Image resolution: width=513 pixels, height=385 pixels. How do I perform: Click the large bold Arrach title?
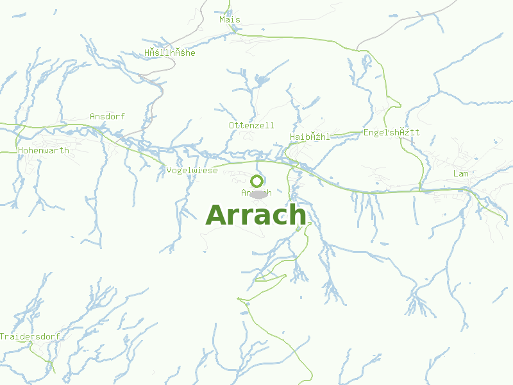(x=256, y=215)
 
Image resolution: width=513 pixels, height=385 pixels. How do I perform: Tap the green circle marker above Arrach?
(x=257, y=181)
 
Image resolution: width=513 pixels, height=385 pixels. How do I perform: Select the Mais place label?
(x=230, y=19)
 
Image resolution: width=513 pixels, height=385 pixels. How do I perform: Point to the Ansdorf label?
(x=107, y=116)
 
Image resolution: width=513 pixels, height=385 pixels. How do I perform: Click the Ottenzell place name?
(x=251, y=124)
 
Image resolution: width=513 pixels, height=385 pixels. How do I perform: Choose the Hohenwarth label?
(x=44, y=150)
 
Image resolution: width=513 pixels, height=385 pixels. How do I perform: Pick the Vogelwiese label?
(x=192, y=170)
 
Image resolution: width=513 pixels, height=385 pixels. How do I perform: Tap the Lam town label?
(x=460, y=174)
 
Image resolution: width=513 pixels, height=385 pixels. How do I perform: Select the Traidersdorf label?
(x=30, y=336)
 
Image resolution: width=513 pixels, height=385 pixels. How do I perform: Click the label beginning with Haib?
(x=310, y=137)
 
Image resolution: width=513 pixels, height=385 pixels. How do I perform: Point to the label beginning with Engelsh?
(x=391, y=132)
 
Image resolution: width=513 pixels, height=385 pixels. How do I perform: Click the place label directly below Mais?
(x=169, y=53)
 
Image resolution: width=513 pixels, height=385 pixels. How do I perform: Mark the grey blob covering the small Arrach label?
(x=258, y=194)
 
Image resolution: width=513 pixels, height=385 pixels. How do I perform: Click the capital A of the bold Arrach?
(x=217, y=216)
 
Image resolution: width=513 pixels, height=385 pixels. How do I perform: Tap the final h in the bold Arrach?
(x=297, y=214)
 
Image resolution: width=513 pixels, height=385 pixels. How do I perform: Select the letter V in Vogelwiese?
(x=169, y=170)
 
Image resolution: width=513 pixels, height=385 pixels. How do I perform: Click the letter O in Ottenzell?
(x=231, y=124)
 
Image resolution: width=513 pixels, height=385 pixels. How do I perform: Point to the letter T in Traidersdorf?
(x=3, y=336)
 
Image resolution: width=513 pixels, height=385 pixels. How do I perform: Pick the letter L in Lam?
(x=455, y=174)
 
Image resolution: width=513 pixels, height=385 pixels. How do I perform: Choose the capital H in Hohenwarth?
(x=21, y=150)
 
